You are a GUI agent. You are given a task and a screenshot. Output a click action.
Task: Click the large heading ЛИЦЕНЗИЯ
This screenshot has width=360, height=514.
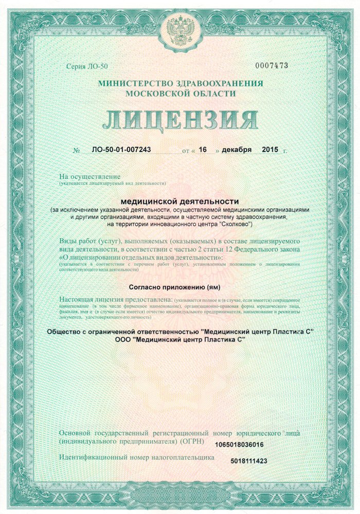(x=180, y=120)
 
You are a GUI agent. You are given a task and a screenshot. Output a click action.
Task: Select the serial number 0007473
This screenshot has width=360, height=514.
(x=272, y=66)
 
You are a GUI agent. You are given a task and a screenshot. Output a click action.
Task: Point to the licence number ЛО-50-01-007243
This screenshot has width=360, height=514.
(x=122, y=150)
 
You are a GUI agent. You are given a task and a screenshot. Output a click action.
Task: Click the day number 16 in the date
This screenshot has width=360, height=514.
(x=203, y=150)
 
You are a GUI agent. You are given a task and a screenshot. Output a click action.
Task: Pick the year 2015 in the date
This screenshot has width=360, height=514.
(x=269, y=150)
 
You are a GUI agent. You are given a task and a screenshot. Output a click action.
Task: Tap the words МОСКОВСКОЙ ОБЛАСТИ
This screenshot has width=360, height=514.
(x=181, y=94)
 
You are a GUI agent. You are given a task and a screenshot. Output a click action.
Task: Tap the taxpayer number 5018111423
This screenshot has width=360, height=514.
(x=249, y=461)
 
